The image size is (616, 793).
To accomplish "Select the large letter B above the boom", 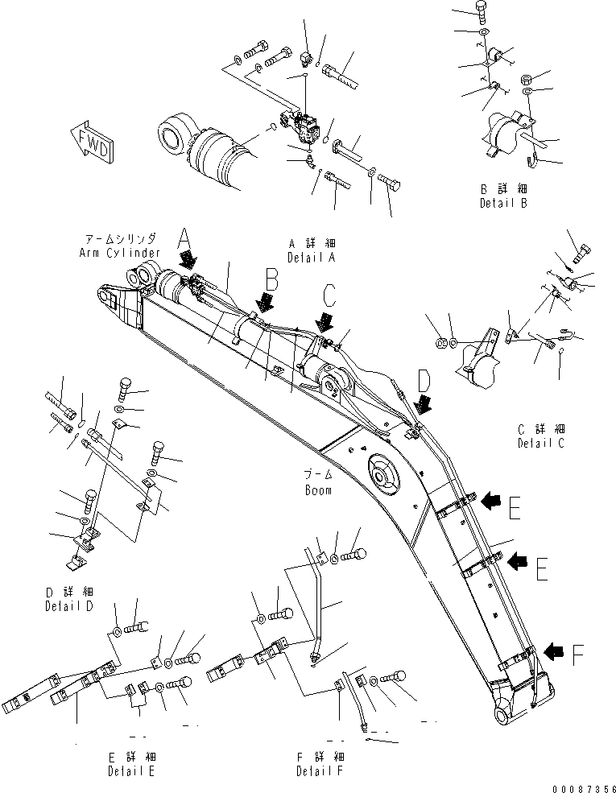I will click(271, 280).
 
